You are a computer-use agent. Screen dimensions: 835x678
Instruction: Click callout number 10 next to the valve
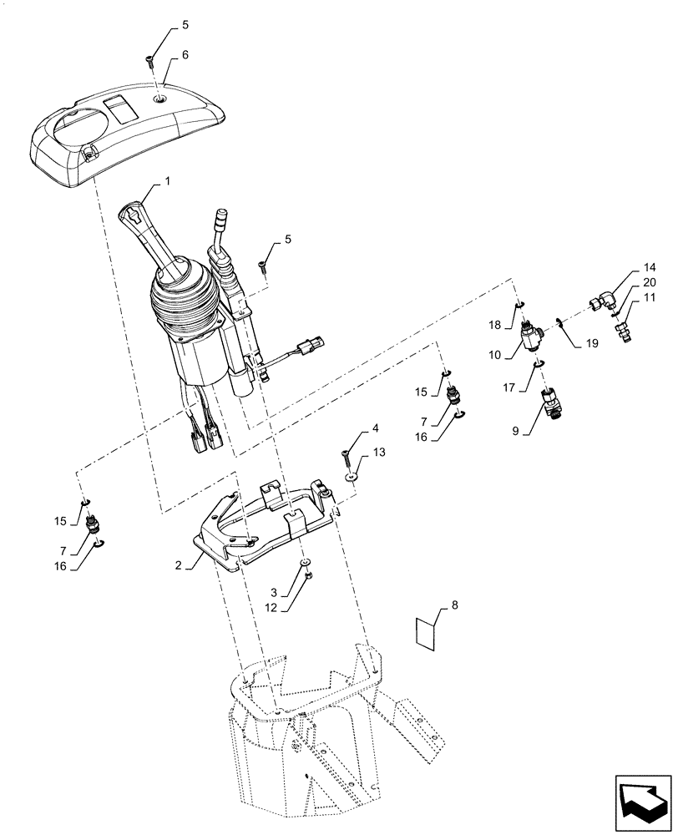496,354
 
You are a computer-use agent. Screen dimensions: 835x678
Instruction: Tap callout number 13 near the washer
380,452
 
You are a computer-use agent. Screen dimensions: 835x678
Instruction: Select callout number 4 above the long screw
375,428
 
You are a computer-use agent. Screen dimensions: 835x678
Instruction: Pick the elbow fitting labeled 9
552,403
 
